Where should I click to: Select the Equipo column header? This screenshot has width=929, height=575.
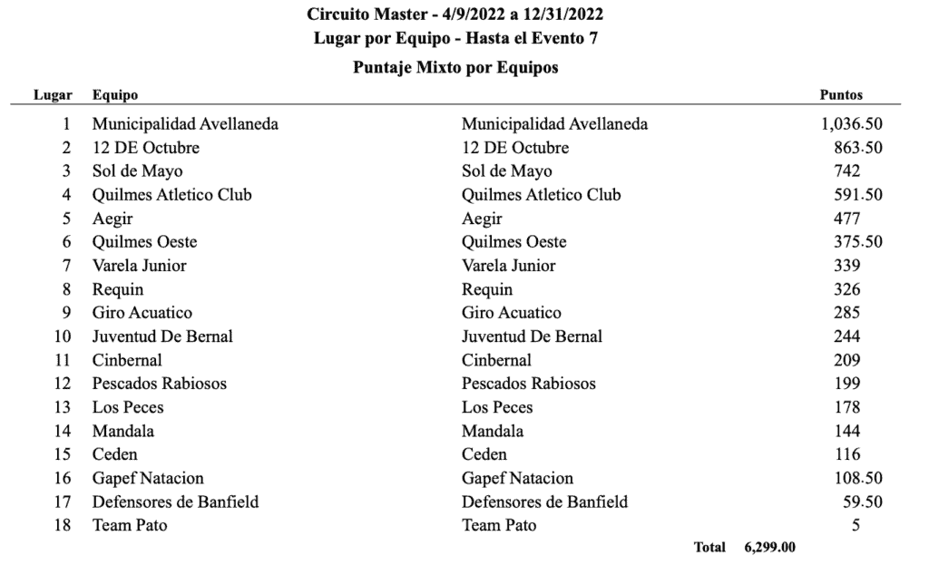(115, 94)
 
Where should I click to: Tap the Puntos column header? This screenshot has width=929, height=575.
(841, 94)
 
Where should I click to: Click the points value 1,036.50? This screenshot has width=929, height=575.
(851, 124)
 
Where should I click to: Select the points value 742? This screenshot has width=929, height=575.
(846, 171)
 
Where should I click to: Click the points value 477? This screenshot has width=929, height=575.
(846, 219)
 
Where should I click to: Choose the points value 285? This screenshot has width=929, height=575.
(846, 313)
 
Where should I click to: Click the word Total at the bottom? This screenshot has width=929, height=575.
(709, 547)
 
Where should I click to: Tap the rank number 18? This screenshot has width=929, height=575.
(62, 525)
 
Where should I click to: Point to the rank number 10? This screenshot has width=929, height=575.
(62, 336)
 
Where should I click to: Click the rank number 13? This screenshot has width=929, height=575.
(62, 407)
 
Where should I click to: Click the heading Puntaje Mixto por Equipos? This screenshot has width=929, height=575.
(455, 68)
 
